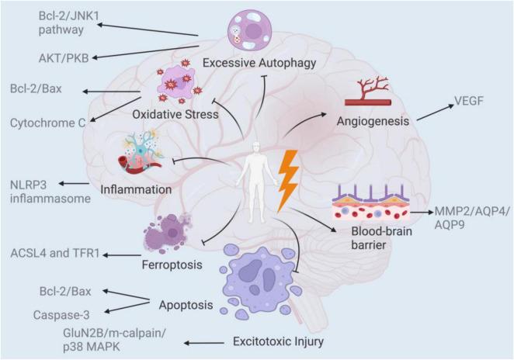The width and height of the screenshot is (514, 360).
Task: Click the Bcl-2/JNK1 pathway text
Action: (x=46, y=24)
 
